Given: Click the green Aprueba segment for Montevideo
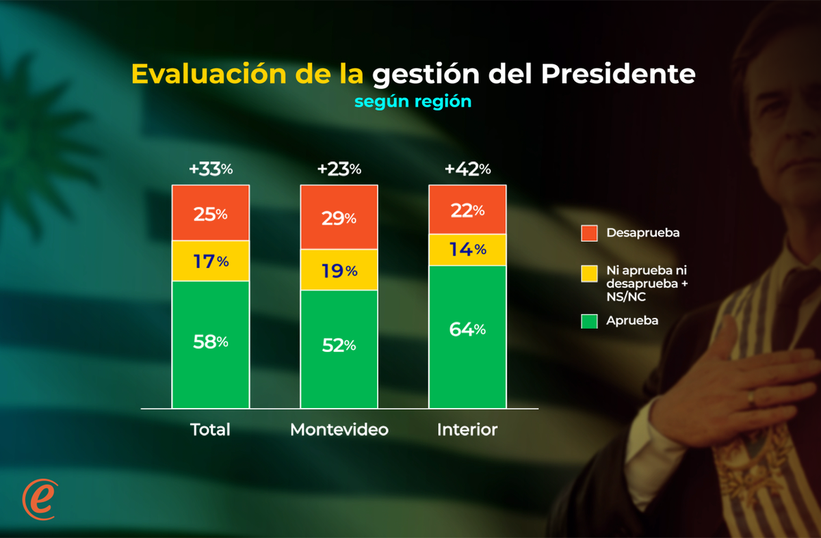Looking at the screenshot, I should [x=339, y=349].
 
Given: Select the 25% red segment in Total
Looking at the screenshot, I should [x=211, y=213].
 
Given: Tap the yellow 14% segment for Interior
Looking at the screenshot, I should [x=467, y=250].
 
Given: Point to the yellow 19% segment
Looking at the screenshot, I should [x=339, y=270].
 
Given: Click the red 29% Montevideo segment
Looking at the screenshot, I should [x=339, y=217].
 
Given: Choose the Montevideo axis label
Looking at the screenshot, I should [x=339, y=430].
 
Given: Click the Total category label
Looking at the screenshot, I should [x=210, y=430].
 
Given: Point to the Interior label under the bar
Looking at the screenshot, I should [x=467, y=430].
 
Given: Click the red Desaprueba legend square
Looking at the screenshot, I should [x=589, y=233].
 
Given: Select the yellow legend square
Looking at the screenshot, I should [x=589, y=274].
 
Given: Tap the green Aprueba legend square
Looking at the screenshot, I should [x=589, y=320].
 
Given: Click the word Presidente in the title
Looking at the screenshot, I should [x=618, y=74].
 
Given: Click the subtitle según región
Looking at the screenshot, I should [x=413, y=101].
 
